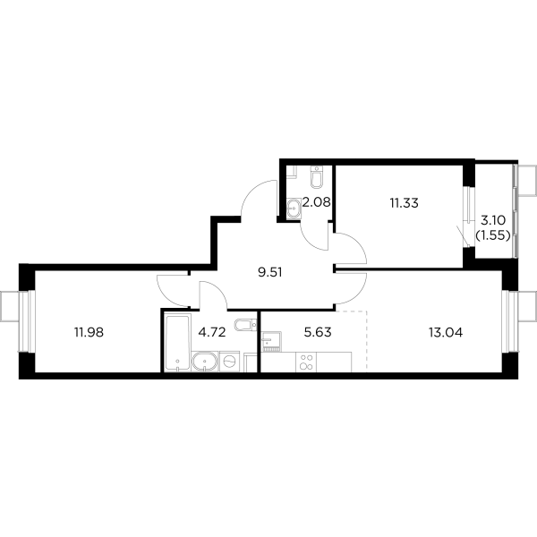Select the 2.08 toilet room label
pos(318,201)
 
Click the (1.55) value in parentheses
pos(494,235)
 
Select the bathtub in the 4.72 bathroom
pos(175,343)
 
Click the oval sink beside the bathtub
pos(205,362)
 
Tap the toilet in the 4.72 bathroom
pos(243,325)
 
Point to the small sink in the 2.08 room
pos(293,209)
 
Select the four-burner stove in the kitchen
pos(307,362)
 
